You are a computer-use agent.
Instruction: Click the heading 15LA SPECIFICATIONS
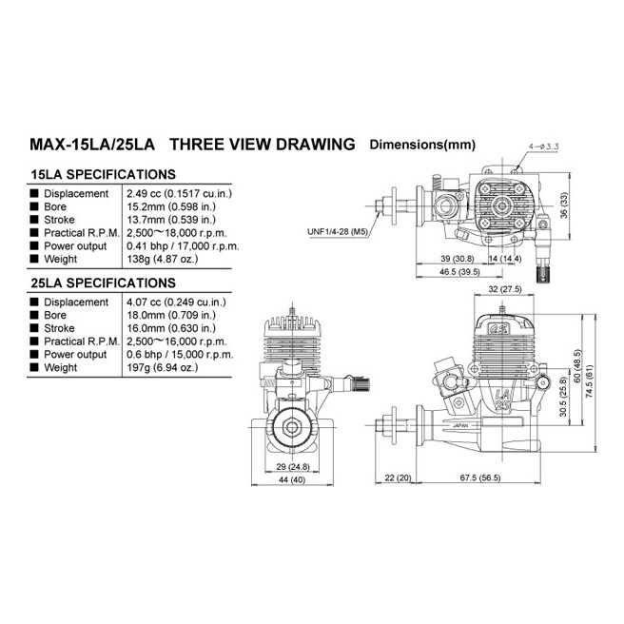[x=103, y=175]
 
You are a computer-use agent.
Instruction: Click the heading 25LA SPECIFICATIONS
[x=103, y=283]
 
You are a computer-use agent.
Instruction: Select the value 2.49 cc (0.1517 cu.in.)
[x=181, y=193]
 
